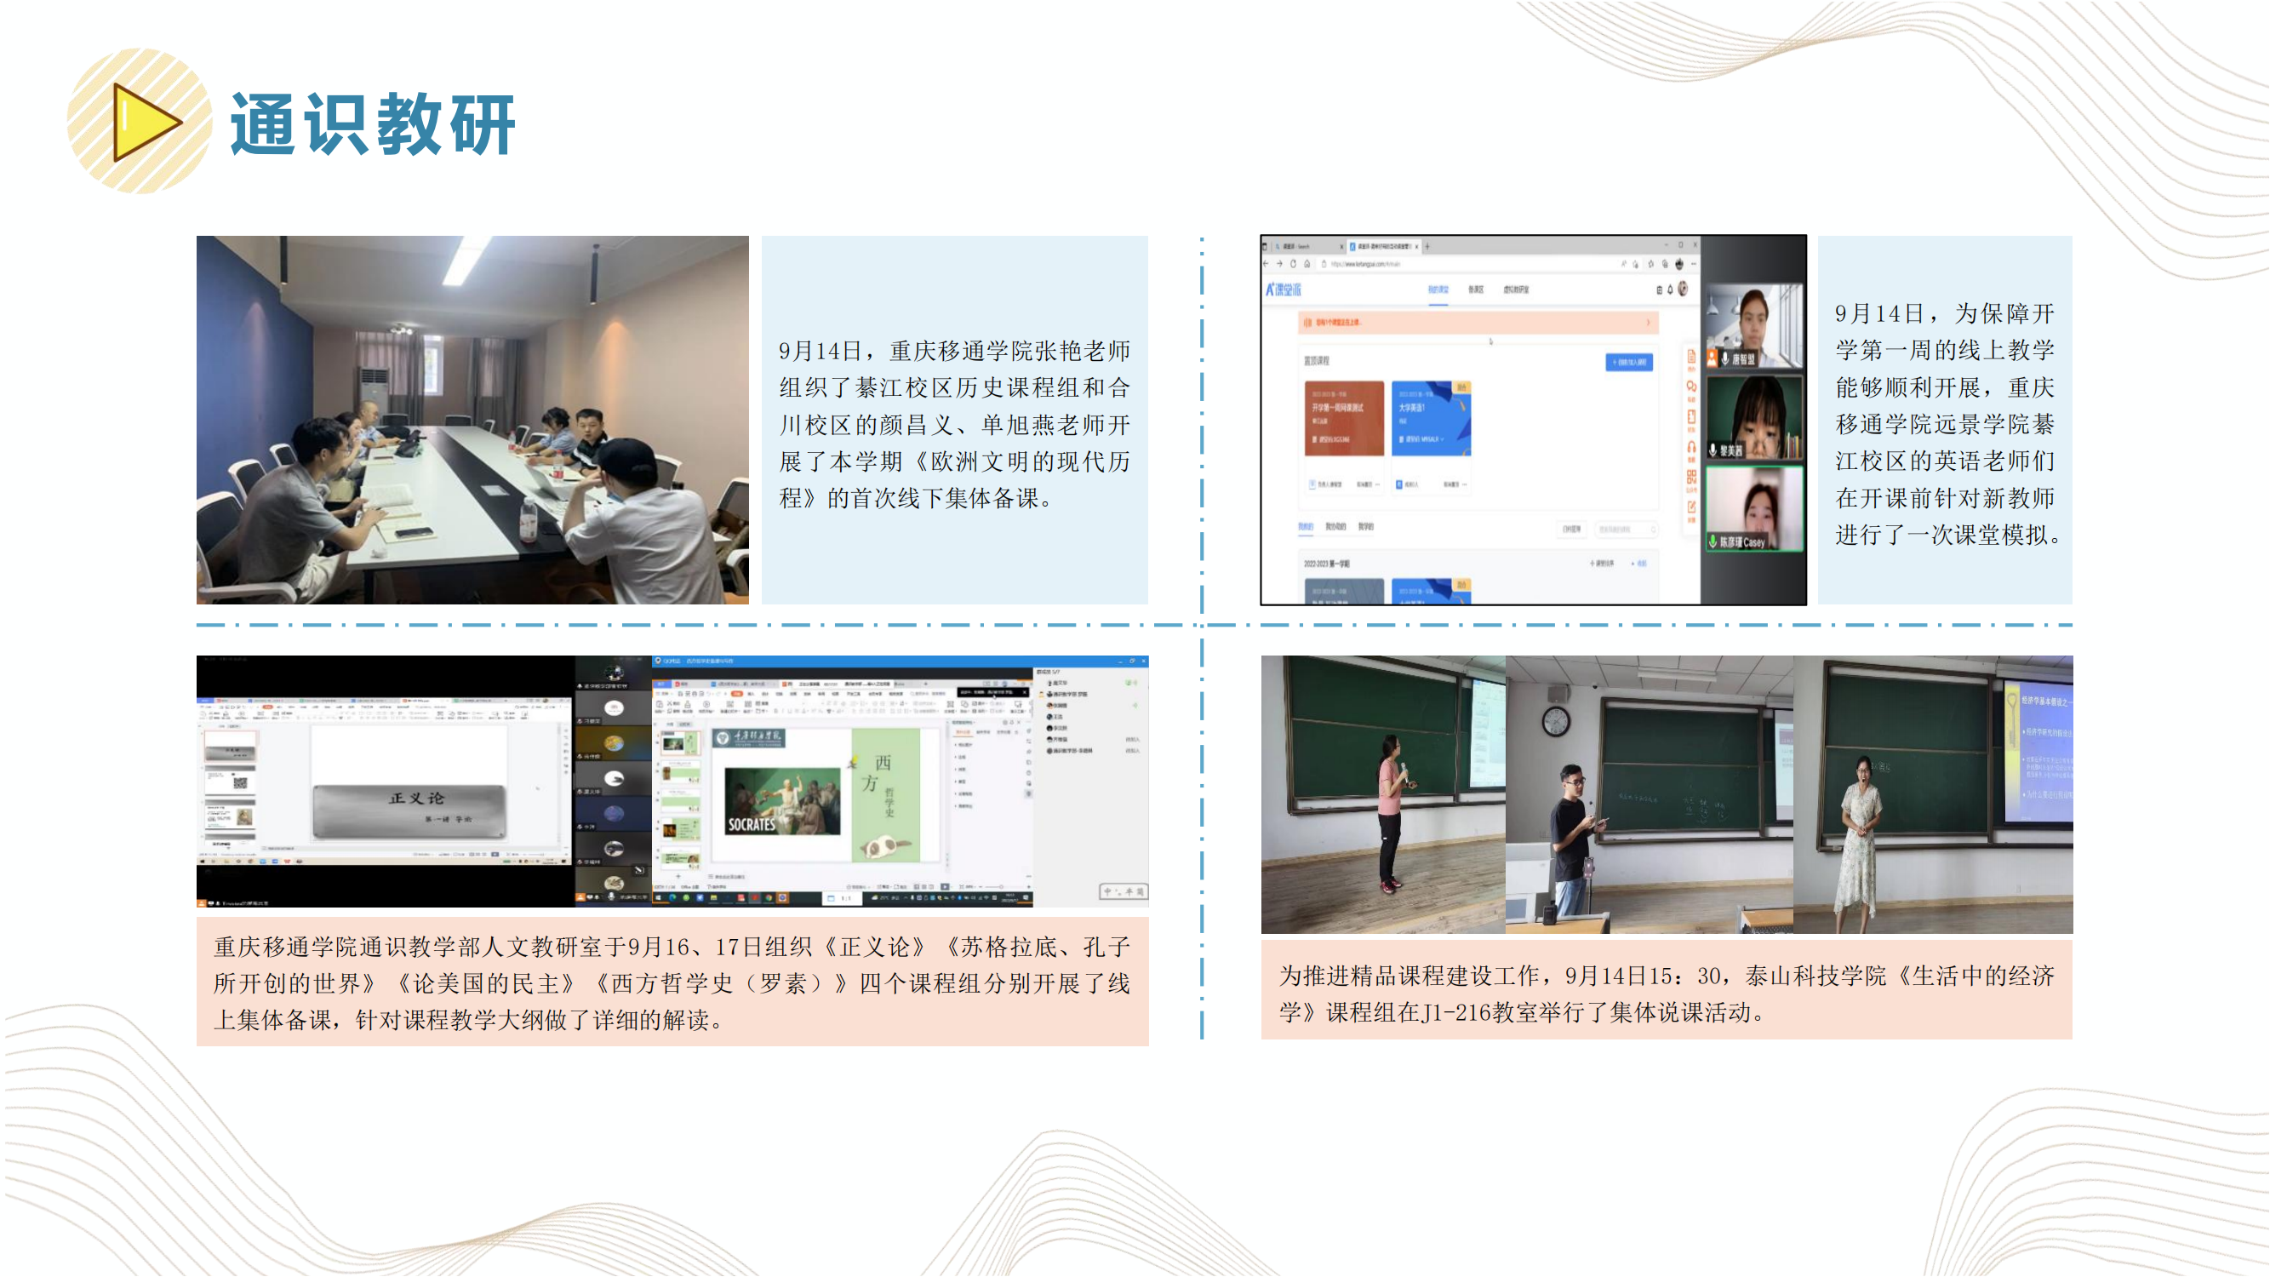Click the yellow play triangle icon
coord(146,122)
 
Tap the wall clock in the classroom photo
coord(1555,722)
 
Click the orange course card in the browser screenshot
coord(1343,418)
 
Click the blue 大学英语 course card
coord(1430,418)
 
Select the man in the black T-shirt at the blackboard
coord(1573,837)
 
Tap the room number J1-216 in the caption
coord(1455,1012)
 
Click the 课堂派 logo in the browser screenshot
coord(1283,289)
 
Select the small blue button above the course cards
coord(1627,362)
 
